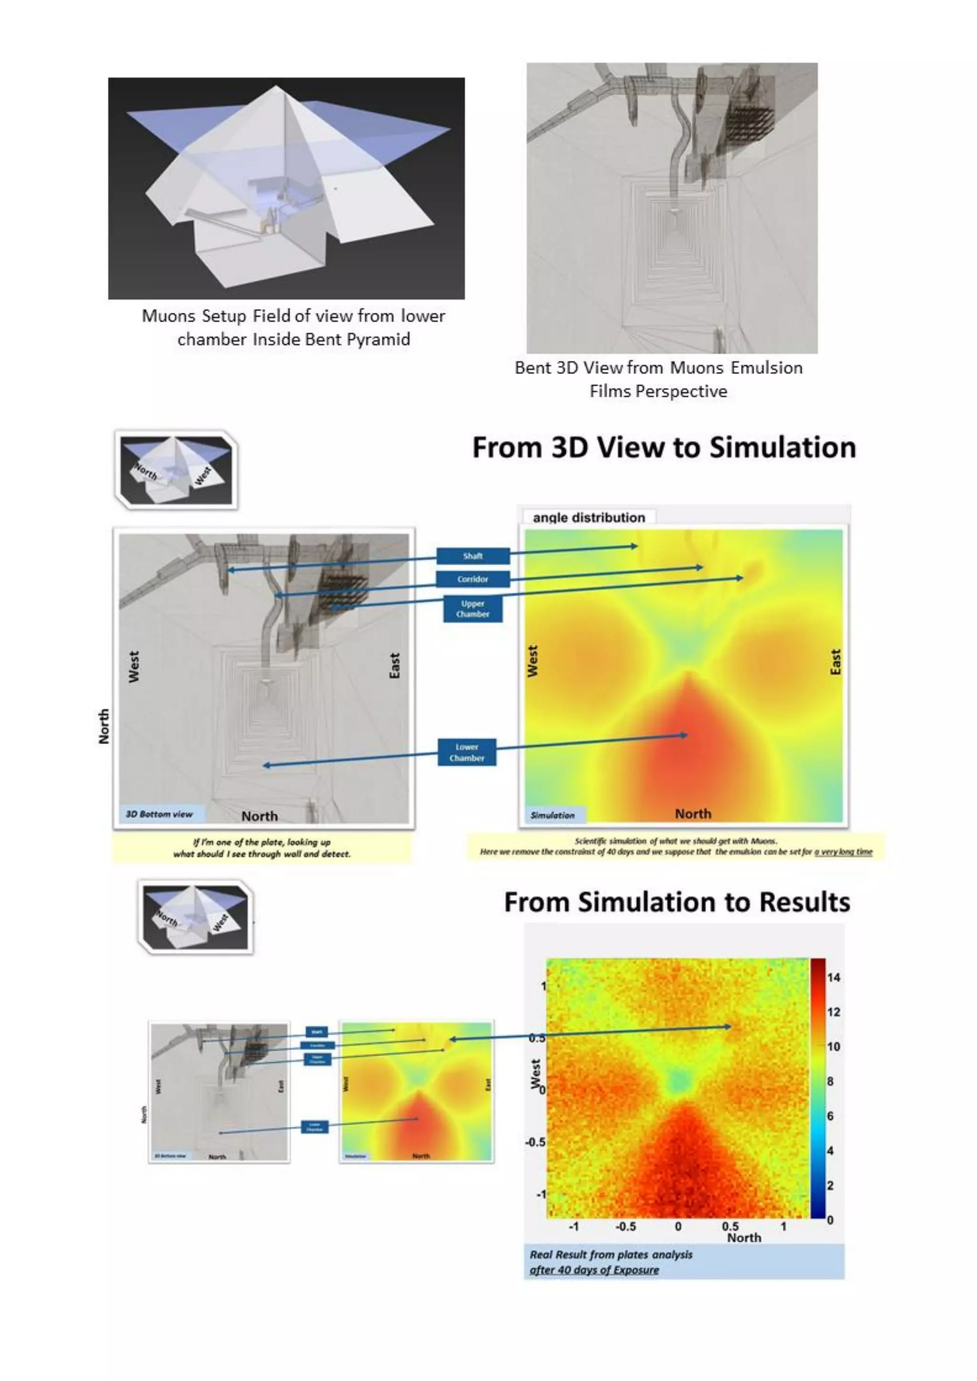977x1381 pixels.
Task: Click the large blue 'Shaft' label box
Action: pos(473,556)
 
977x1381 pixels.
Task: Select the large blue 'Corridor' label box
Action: pos(473,578)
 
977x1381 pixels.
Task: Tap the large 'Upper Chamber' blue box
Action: pos(473,608)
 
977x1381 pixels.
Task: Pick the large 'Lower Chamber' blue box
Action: pos(467,752)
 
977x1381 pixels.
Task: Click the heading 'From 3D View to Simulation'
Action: pos(664,448)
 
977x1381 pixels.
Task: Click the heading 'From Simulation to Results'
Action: pos(677,903)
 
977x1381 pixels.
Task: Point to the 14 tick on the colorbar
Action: pos(833,978)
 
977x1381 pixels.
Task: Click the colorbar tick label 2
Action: pos(830,1185)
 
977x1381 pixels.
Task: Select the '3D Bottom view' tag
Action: pos(159,814)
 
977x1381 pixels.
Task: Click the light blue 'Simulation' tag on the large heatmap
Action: pos(552,815)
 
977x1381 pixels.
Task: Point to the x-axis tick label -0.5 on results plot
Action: pos(626,1226)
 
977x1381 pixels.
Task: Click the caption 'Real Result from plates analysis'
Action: pos(611,1255)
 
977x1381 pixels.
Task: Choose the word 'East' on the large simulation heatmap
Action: pos(835,661)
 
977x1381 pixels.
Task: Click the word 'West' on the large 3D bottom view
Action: pos(134,667)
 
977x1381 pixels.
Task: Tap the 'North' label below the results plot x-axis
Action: pos(744,1238)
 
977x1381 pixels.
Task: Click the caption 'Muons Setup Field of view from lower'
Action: pos(293,316)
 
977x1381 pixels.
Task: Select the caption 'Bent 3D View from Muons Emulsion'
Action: pos(658,368)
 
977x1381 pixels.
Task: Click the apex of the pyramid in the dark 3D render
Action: pos(276,87)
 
